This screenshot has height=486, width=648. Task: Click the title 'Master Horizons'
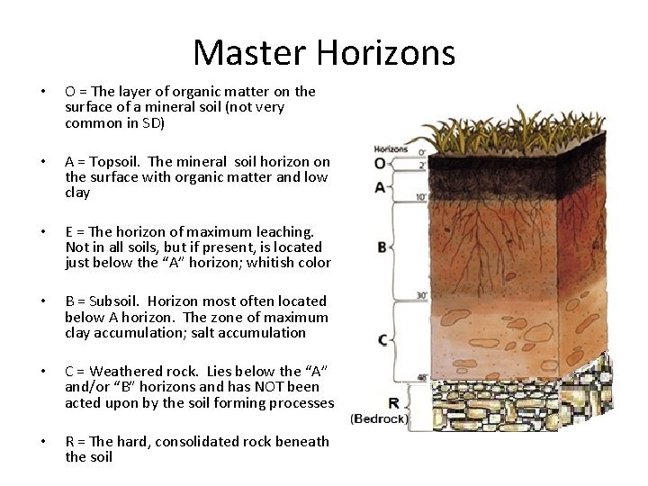point(324,52)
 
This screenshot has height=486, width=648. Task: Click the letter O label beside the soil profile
point(380,163)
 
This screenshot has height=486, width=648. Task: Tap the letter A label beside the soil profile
point(380,187)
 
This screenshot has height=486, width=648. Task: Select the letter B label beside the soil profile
point(382,247)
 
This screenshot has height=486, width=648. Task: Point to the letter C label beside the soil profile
point(382,339)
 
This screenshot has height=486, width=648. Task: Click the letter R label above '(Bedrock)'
point(393,403)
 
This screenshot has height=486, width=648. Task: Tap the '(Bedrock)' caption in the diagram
point(380,418)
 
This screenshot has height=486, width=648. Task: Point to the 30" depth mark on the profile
point(421,295)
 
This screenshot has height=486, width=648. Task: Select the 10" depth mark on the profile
point(421,196)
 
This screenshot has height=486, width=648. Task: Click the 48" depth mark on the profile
point(421,378)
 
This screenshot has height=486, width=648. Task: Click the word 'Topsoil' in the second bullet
point(115,162)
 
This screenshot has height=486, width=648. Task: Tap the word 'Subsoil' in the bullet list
point(115,301)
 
